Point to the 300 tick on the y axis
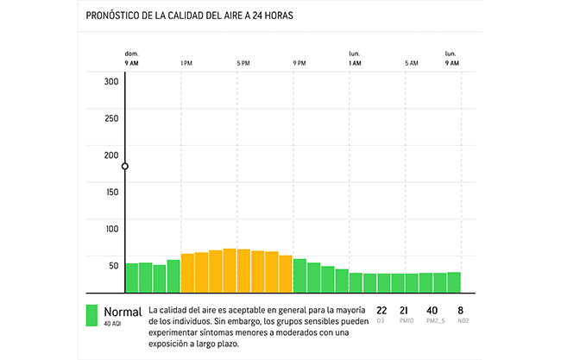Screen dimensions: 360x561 pos(111,82)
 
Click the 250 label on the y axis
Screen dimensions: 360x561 pos(111,118)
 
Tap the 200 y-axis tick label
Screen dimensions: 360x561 pos(111,155)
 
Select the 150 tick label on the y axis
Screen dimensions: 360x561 pos(111,192)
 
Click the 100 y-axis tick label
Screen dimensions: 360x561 pos(111,229)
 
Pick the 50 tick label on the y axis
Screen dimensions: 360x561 pos(113,265)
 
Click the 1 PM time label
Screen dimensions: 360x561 pos(186,63)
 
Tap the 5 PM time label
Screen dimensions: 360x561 pos(243,63)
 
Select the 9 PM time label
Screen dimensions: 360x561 pos(299,63)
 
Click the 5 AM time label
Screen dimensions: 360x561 pos(412,63)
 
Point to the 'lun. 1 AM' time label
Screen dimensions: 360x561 pos(355,59)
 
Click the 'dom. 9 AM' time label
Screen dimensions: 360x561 pos(131,59)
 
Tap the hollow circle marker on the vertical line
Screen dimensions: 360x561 pos(126,166)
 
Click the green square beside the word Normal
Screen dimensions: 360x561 pos(91,315)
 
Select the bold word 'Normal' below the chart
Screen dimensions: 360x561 pos(122,311)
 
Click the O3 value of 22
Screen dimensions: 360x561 pos(381,310)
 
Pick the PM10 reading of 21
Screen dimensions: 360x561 pos(404,310)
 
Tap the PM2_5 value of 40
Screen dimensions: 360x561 pos(432,310)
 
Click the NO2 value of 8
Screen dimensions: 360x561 pos(461,310)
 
